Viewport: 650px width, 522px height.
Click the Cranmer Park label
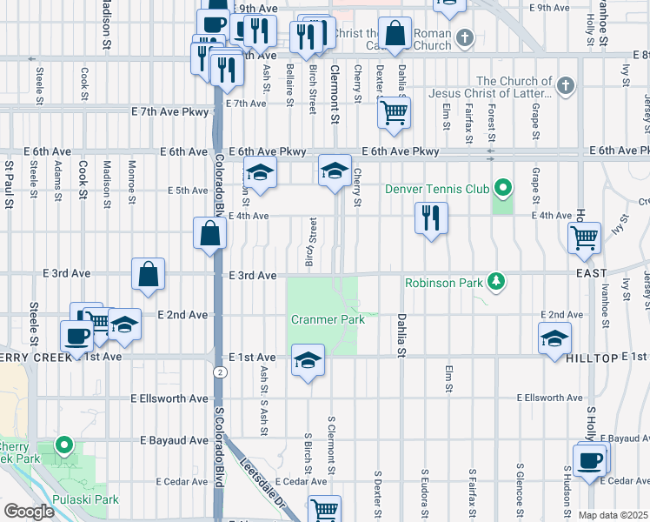point(328,319)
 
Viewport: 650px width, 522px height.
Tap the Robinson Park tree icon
point(495,281)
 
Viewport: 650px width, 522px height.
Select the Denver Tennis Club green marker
point(502,186)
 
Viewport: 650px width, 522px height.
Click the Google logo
point(28,512)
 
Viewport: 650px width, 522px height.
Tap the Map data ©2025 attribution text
point(614,515)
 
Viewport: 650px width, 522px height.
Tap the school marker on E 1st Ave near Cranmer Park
point(307,359)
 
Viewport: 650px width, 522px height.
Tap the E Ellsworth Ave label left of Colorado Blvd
point(169,398)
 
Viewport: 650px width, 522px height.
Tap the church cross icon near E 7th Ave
point(566,85)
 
